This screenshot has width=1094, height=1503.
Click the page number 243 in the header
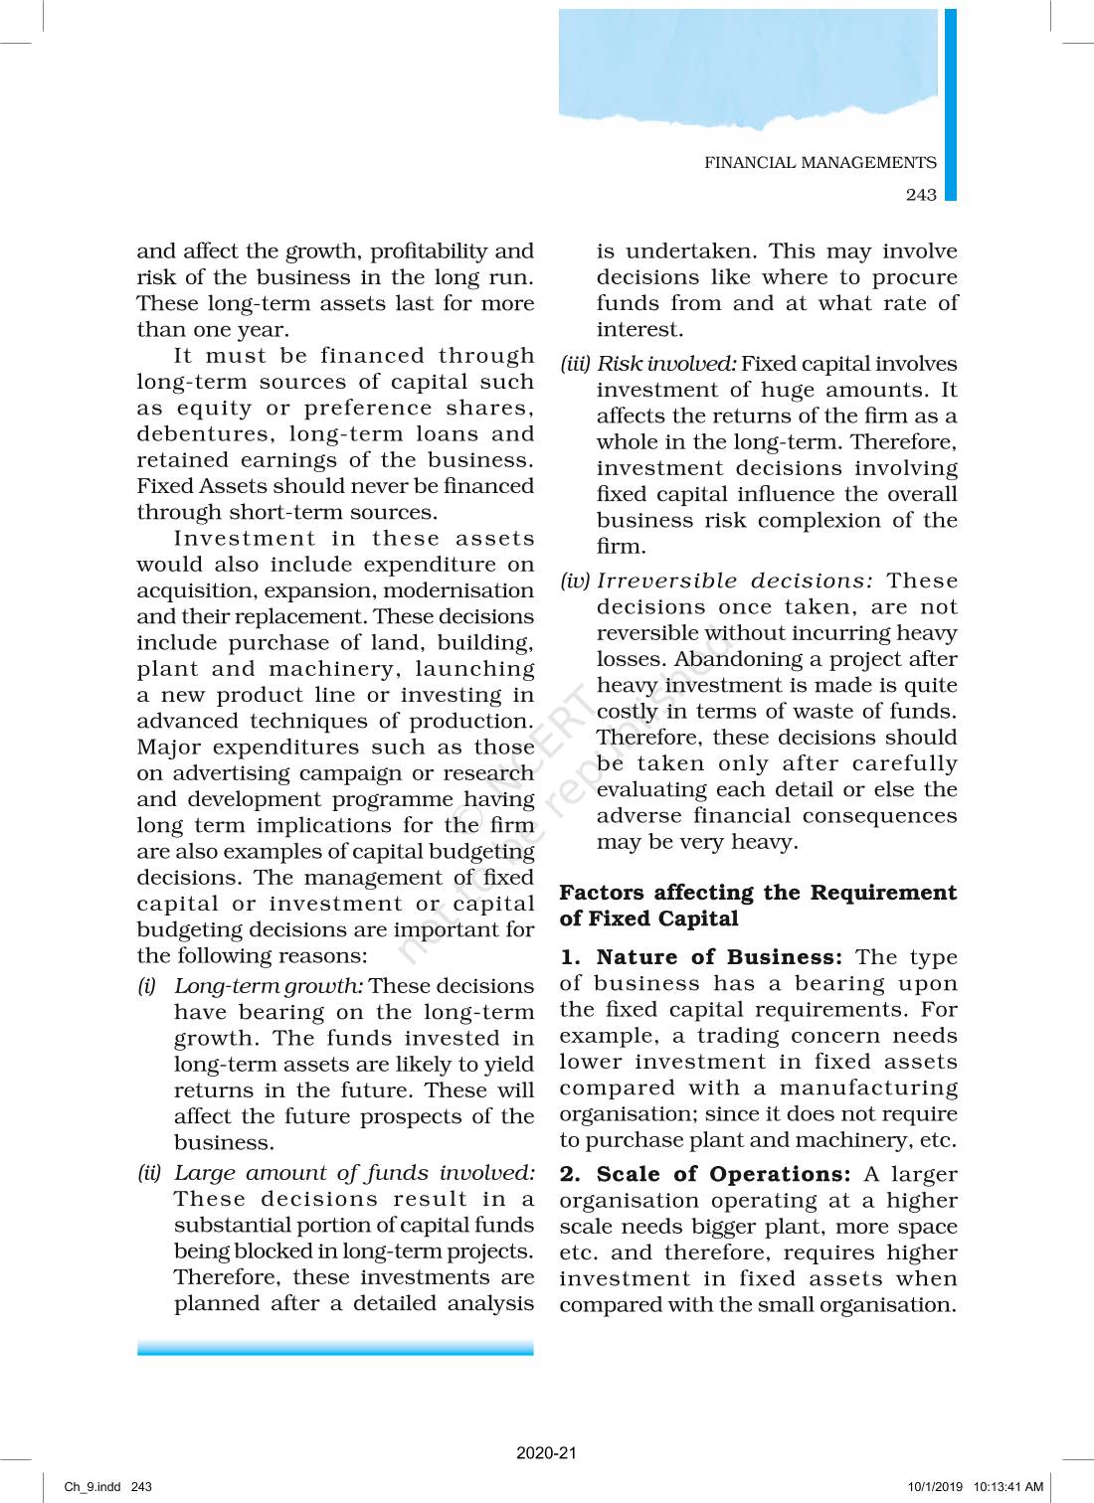tap(920, 195)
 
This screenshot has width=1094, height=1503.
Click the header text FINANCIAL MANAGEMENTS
tap(820, 163)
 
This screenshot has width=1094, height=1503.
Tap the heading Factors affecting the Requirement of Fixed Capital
tap(757, 906)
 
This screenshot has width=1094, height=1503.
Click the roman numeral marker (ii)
tap(149, 1173)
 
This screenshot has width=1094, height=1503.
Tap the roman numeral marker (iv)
tap(575, 581)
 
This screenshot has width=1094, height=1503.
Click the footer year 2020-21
tap(546, 1453)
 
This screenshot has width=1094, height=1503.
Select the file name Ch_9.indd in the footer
tap(92, 1487)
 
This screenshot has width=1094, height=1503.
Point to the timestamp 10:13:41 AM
tap(1007, 1487)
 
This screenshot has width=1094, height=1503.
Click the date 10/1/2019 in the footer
tap(935, 1487)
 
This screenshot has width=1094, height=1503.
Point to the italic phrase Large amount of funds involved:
tap(354, 1173)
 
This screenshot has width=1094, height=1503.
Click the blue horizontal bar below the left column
tap(335, 1349)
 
